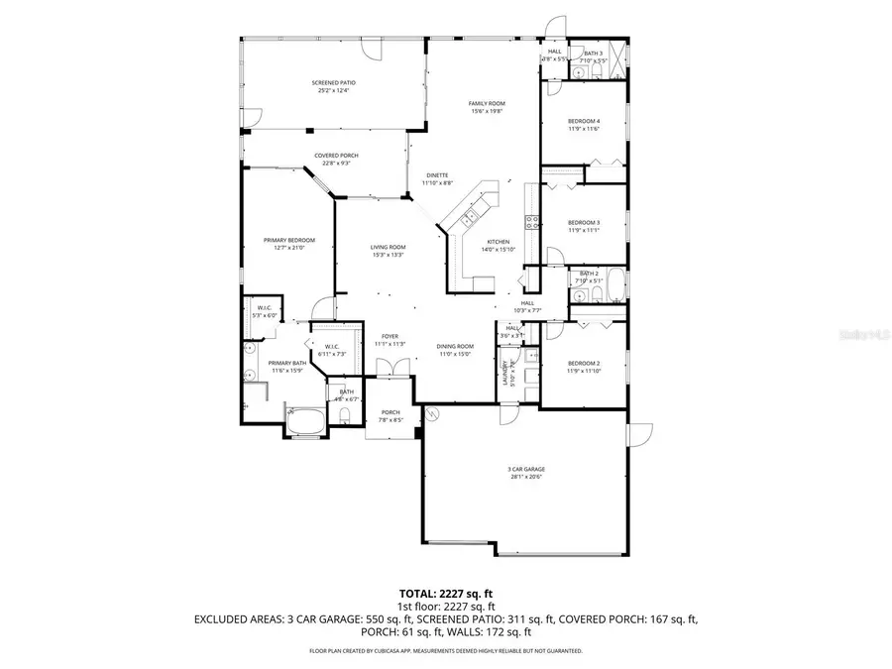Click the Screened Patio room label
[334, 83]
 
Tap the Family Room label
[487, 104]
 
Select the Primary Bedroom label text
[288, 241]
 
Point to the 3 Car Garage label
[527, 470]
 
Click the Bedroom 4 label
[584, 121]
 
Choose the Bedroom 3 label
[584, 222]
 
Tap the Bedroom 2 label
[584, 364]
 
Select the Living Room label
[389, 248]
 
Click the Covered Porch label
[336, 157]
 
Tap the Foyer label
[390, 337]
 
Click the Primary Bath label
[286, 364]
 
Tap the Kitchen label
[498, 243]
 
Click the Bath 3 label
[593, 54]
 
